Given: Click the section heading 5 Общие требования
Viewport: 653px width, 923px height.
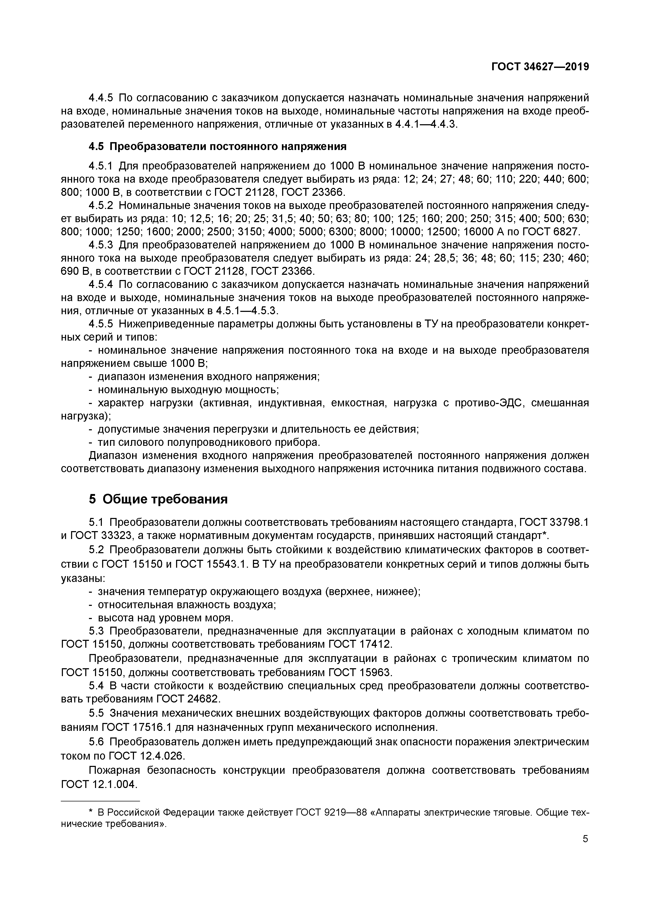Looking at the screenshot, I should pos(158,499).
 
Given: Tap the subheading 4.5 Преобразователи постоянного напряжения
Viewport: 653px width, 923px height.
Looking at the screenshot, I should pos(217,146).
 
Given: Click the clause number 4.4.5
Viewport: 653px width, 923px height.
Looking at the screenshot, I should pos(101,98).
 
